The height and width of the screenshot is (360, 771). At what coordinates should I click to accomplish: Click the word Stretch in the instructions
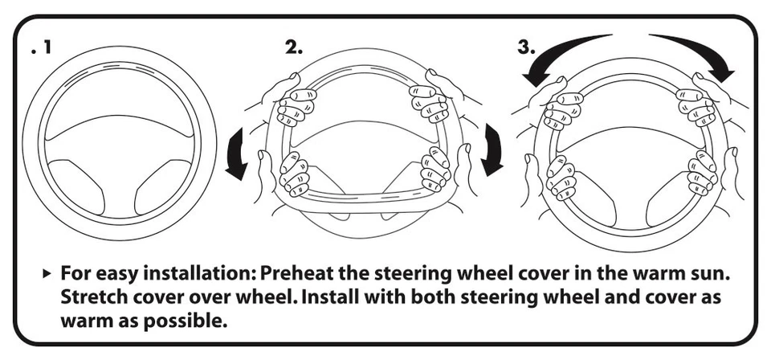pos(91,297)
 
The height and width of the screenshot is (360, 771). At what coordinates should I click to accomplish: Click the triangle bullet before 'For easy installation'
pos(46,274)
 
